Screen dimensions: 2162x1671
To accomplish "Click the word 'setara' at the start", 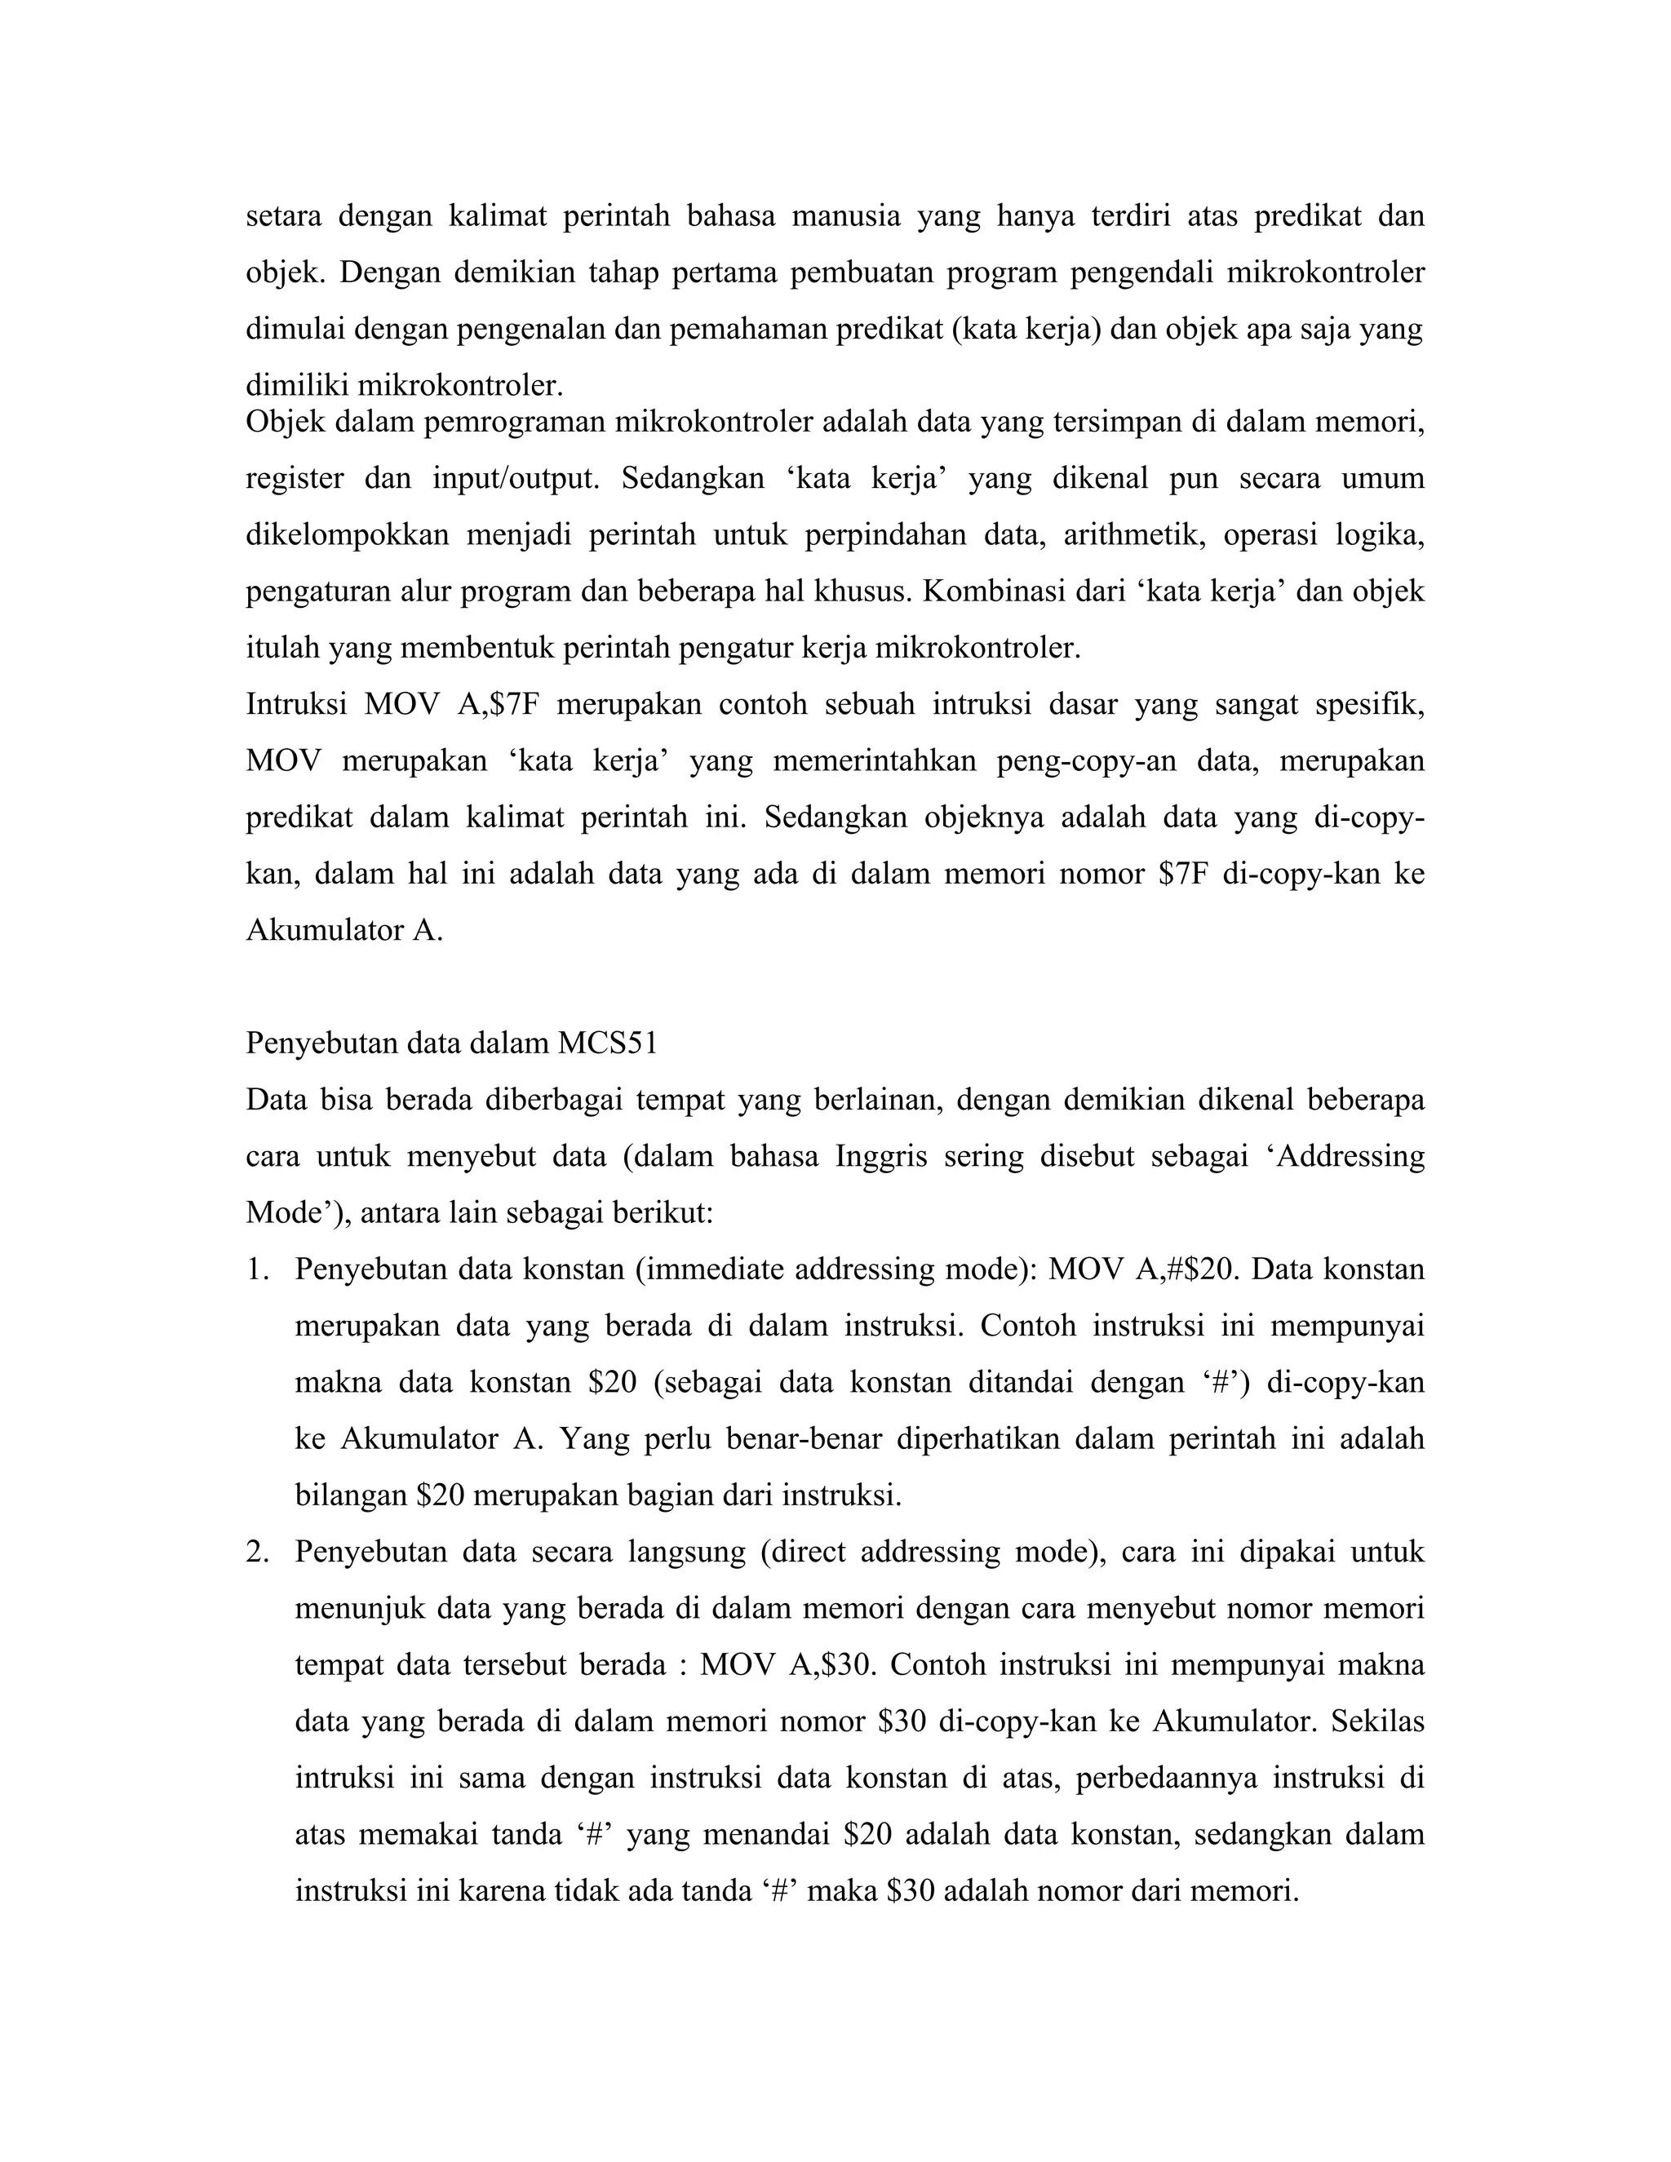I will (283, 216).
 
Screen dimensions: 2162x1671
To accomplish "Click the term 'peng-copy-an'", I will (1088, 761).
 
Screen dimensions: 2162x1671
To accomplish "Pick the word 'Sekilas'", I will (1377, 1721).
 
